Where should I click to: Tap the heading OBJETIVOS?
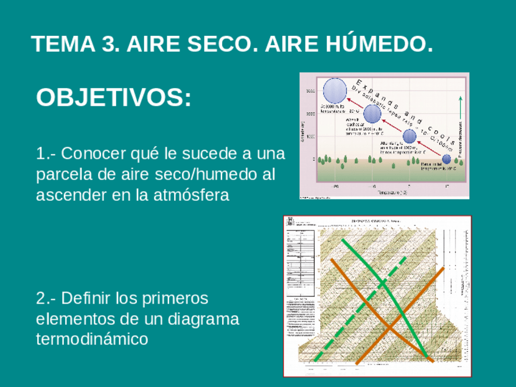click(x=114, y=98)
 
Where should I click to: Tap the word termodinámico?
click(x=92, y=339)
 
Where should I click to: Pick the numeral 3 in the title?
click(x=104, y=44)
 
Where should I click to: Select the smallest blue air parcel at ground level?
click(x=446, y=159)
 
